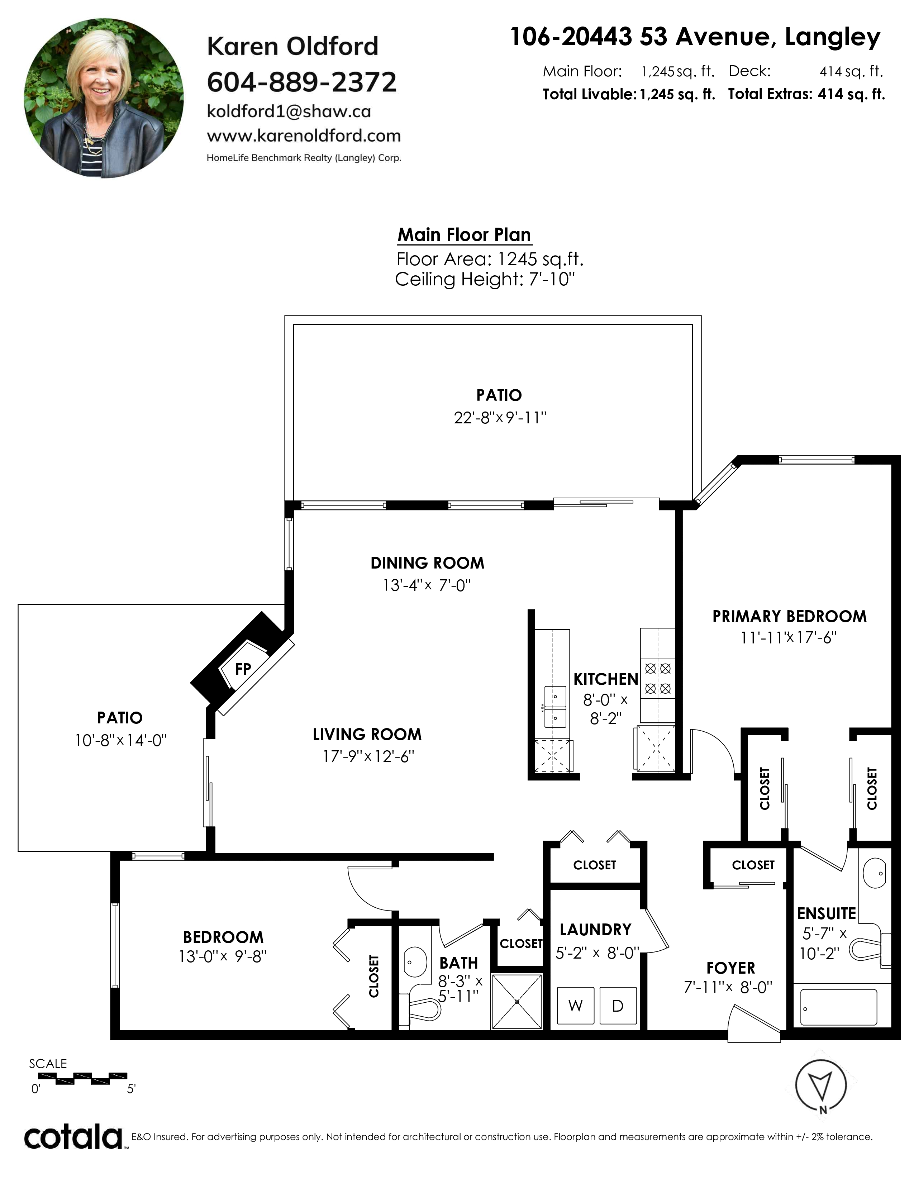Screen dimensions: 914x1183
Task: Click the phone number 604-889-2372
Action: (301, 82)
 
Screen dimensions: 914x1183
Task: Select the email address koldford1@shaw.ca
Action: (289, 111)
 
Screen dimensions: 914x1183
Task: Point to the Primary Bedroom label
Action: (789, 617)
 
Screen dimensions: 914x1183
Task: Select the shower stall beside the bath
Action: (517, 1002)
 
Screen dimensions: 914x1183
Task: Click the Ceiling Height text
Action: (485, 280)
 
